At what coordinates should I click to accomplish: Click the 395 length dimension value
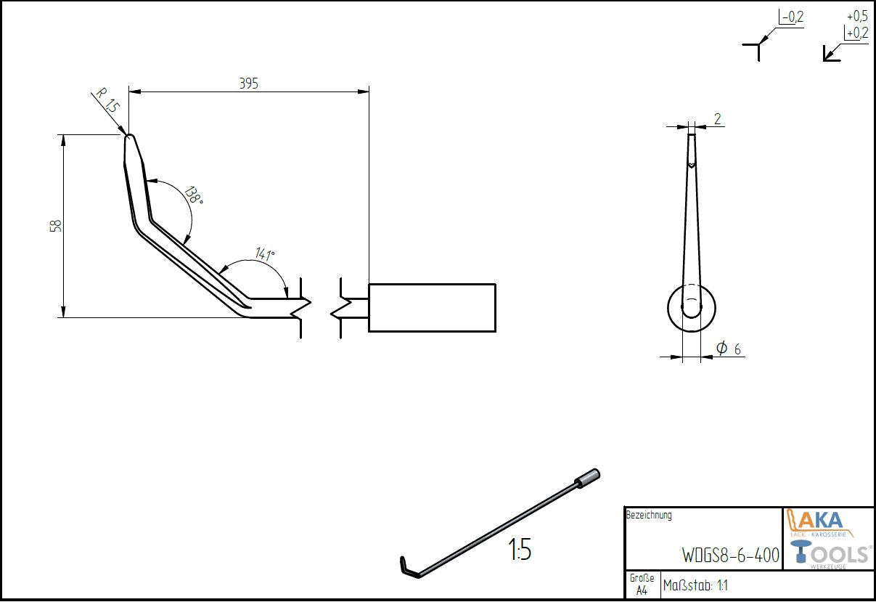pyautogui.click(x=249, y=84)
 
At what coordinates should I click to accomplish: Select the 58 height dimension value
pyautogui.click(x=55, y=226)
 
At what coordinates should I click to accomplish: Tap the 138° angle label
pyautogui.click(x=192, y=196)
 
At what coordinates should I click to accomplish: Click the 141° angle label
pyautogui.click(x=263, y=254)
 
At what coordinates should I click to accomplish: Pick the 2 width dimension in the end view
pyautogui.click(x=717, y=119)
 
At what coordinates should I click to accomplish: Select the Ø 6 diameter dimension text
pyautogui.click(x=728, y=349)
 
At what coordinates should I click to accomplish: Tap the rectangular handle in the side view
pyautogui.click(x=432, y=308)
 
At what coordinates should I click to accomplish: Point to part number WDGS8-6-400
pyautogui.click(x=730, y=556)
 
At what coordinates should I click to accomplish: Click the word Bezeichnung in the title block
pyautogui.click(x=649, y=516)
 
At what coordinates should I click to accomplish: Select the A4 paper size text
pyautogui.click(x=642, y=590)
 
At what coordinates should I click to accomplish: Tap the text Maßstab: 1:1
pyautogui.click(x=696, y=585)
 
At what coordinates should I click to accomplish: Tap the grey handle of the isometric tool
pyautogui.click(x=589, y=478)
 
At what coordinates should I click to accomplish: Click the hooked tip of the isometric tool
pyautogui.click(x=406, y=566)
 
